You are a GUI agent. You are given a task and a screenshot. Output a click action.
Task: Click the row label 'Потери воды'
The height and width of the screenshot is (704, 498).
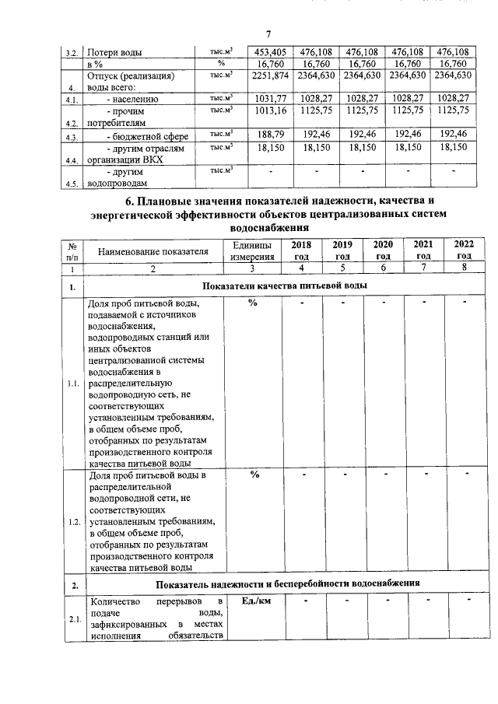(117, 53)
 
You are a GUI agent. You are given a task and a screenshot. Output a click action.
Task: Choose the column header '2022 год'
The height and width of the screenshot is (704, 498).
(464, 250)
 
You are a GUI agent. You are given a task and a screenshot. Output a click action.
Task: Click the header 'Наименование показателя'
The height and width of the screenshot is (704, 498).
(153, 252)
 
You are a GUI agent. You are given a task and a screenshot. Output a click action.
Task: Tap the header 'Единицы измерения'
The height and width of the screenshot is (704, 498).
(251, 250)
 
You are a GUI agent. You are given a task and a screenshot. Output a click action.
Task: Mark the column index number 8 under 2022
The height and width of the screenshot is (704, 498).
(464, 268)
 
